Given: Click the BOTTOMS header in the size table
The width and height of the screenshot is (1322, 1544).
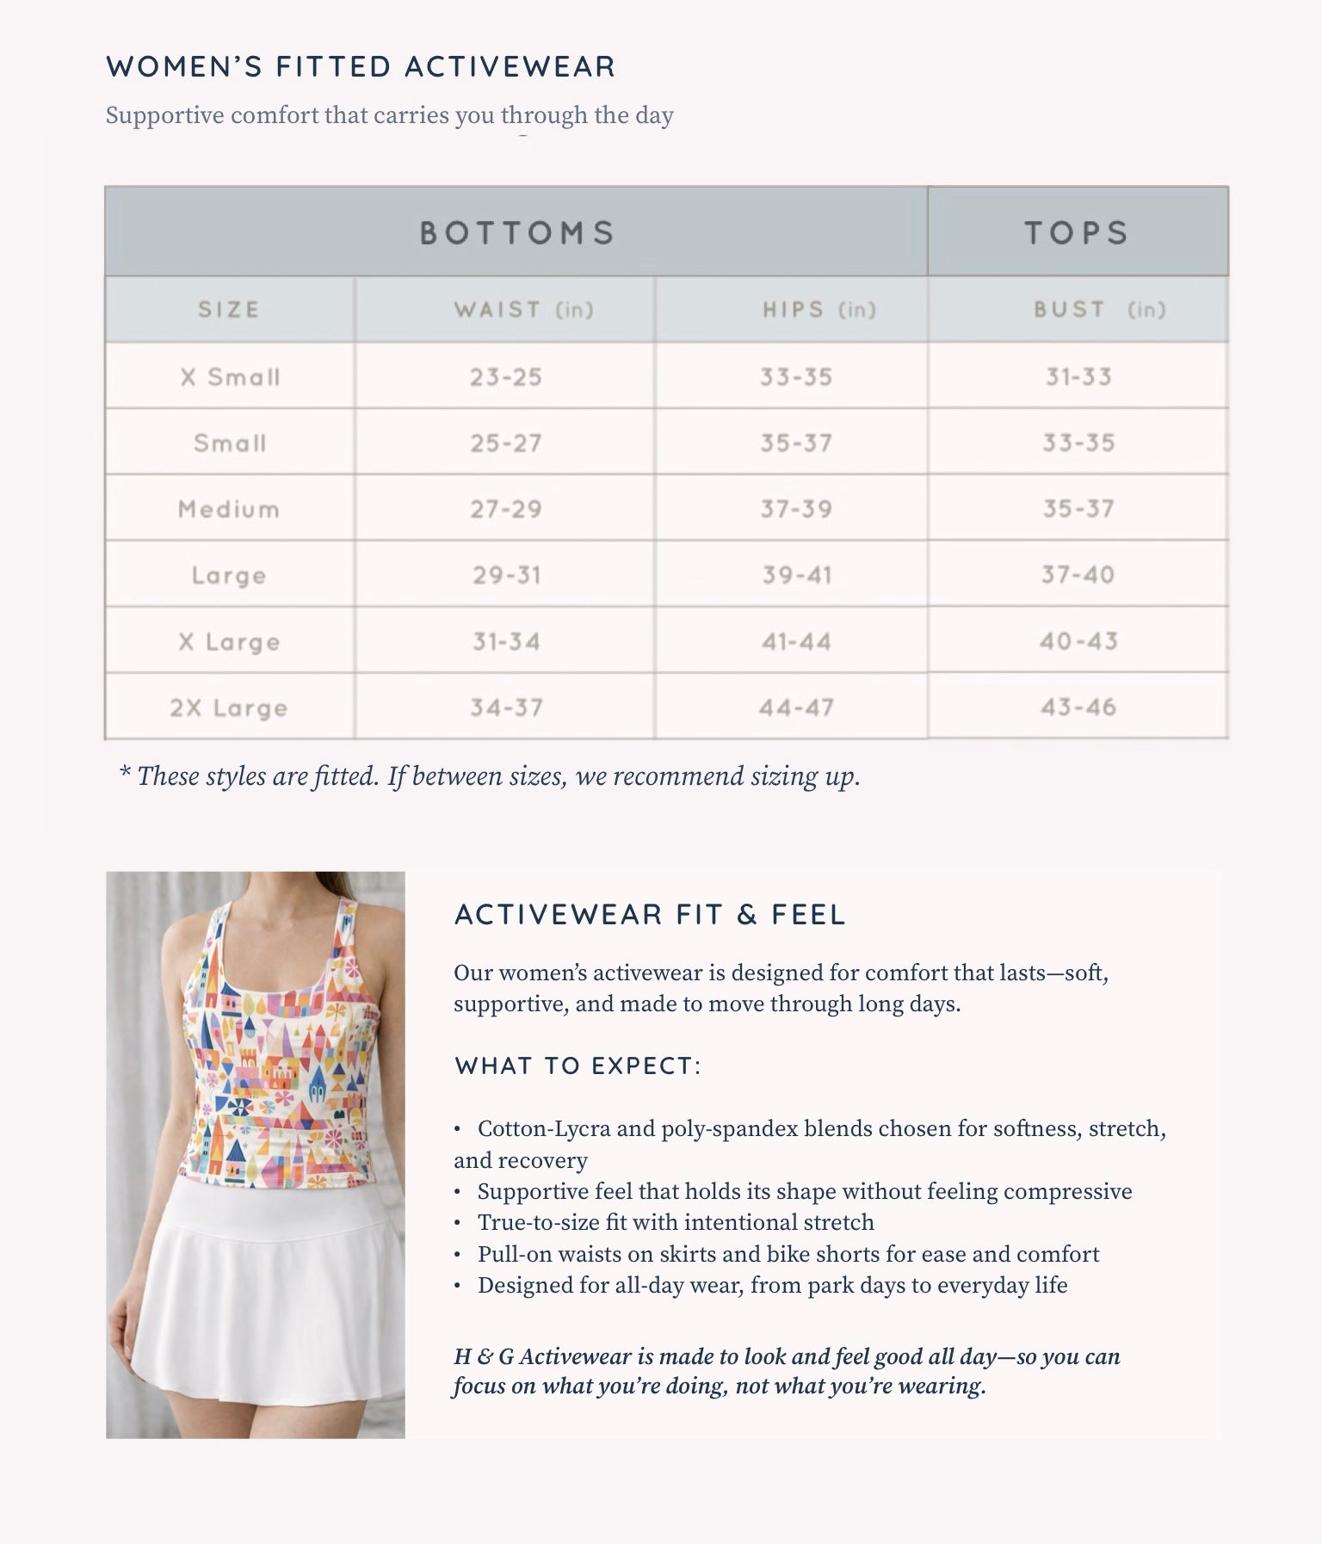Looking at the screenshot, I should (516, 232).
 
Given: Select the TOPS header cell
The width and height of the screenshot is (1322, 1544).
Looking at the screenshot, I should (1076, 232).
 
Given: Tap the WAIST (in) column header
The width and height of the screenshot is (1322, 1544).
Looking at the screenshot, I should (523, 310).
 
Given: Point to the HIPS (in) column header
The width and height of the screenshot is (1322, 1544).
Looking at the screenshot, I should (819, 310).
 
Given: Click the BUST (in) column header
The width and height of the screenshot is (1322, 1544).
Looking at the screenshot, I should (1099, 310).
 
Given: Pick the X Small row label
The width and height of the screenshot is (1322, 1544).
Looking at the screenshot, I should (230, 377).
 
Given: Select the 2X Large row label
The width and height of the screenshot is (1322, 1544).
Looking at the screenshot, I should (229, 708).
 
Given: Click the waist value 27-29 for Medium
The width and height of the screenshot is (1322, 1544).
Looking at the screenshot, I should (506, 510).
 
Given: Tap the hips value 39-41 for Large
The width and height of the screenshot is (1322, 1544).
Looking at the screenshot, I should (797, 575).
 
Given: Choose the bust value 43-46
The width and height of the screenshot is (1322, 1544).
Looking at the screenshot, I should (1078, 707).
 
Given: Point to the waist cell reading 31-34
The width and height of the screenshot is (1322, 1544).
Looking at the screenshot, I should (506, 641).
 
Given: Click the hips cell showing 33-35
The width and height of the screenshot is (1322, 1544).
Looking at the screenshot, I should (796, 377).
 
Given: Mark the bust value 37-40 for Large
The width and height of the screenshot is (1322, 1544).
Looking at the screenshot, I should (1078, 575).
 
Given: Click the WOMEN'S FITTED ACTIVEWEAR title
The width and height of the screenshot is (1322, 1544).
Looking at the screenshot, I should (361, 67).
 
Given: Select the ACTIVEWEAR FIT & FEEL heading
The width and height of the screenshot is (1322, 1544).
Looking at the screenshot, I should (650, 915).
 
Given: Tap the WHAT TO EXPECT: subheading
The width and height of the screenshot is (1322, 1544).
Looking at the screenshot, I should (578, 1066).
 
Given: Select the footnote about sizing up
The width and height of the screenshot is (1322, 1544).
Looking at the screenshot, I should (490, 776).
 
